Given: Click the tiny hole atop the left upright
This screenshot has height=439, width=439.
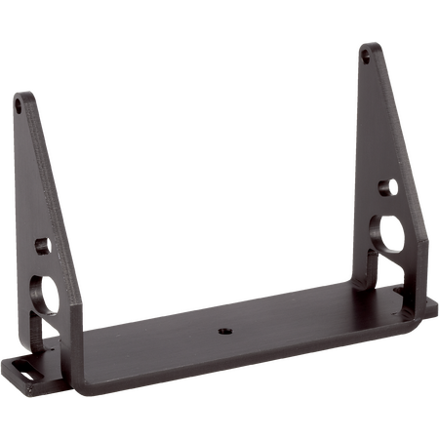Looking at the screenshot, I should coord(20,100).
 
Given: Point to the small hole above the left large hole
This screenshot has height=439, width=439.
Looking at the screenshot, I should coord(41,243).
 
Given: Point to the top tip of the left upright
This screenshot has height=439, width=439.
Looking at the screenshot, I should coord(21,93).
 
